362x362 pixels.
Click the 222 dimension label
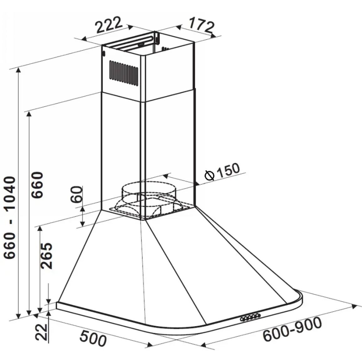(109, 25)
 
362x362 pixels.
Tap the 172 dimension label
(201, 24)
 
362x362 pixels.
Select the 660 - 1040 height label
(10, 217)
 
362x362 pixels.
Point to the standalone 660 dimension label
(37, 185)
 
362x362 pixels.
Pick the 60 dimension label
(77, 194)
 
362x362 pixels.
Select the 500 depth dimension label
(93, 339)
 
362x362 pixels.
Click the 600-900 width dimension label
(292, 329)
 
